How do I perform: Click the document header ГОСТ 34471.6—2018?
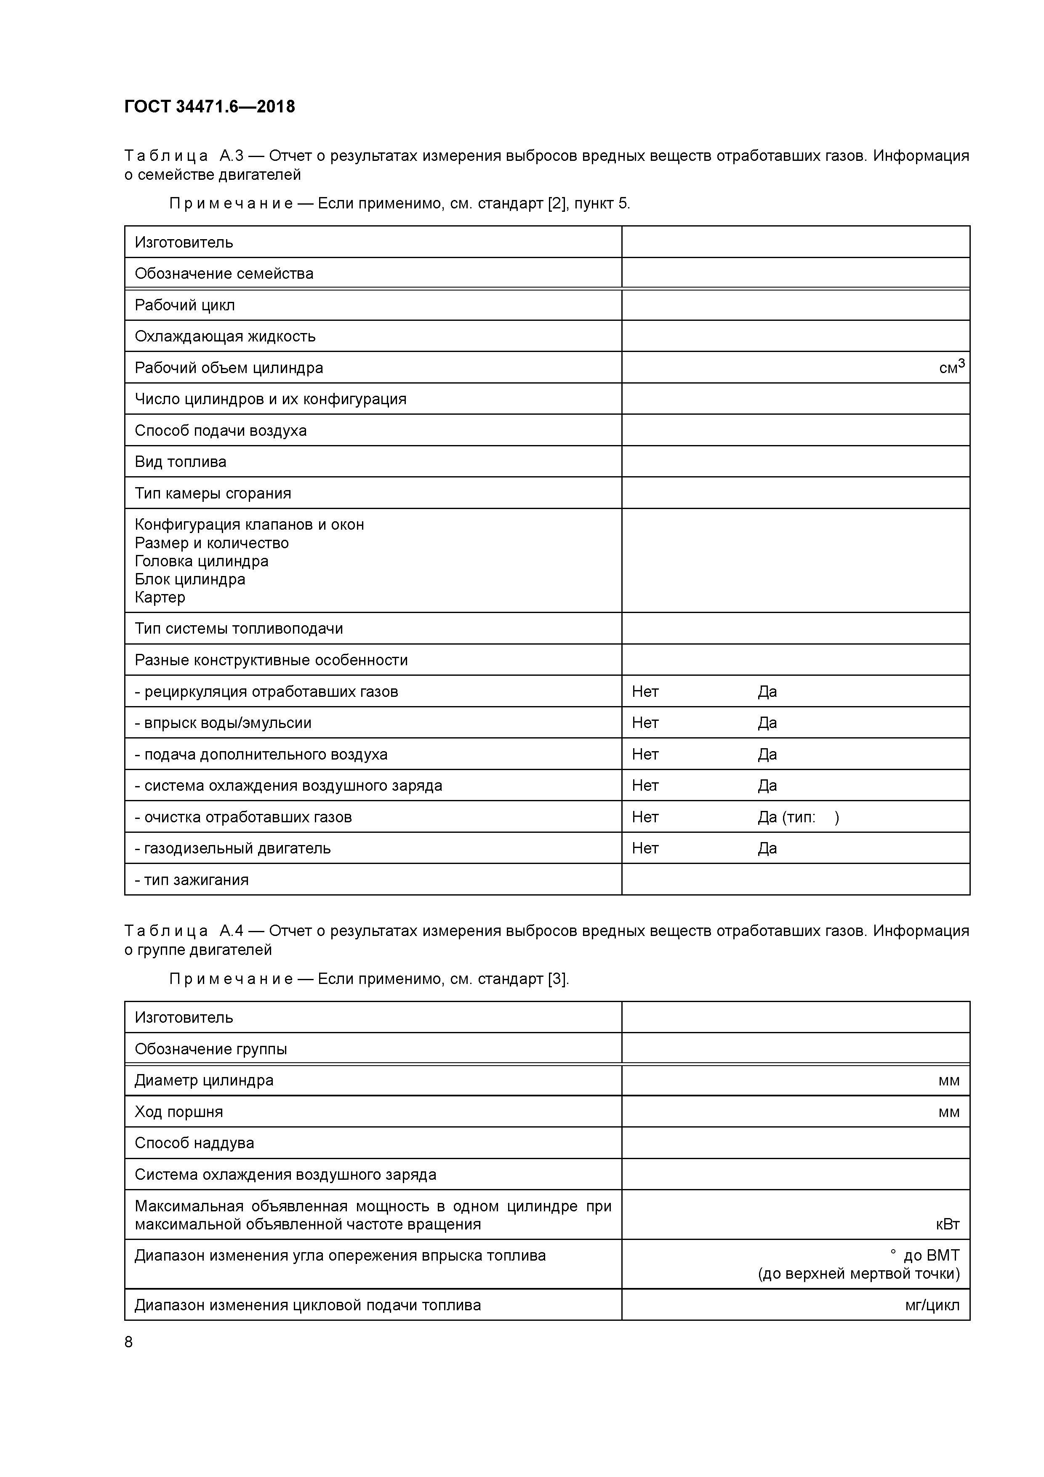click(210, 107)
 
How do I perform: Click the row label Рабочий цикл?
click(185, 305)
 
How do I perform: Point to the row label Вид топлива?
click(180, 462)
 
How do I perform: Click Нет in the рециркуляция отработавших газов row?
click(645, 691)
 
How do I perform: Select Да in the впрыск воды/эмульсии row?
click(767, 723)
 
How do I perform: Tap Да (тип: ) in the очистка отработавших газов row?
click(798, 817)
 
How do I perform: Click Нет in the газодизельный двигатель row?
click(645, 848)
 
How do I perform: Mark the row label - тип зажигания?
click(192, 880)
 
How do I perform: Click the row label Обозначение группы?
click(210, 1049)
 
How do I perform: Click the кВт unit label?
click(948, 1224)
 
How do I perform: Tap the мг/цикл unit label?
click(932, 1305)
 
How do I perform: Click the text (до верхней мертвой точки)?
click(859, 1274)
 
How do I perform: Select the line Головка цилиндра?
click(201, 561)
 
